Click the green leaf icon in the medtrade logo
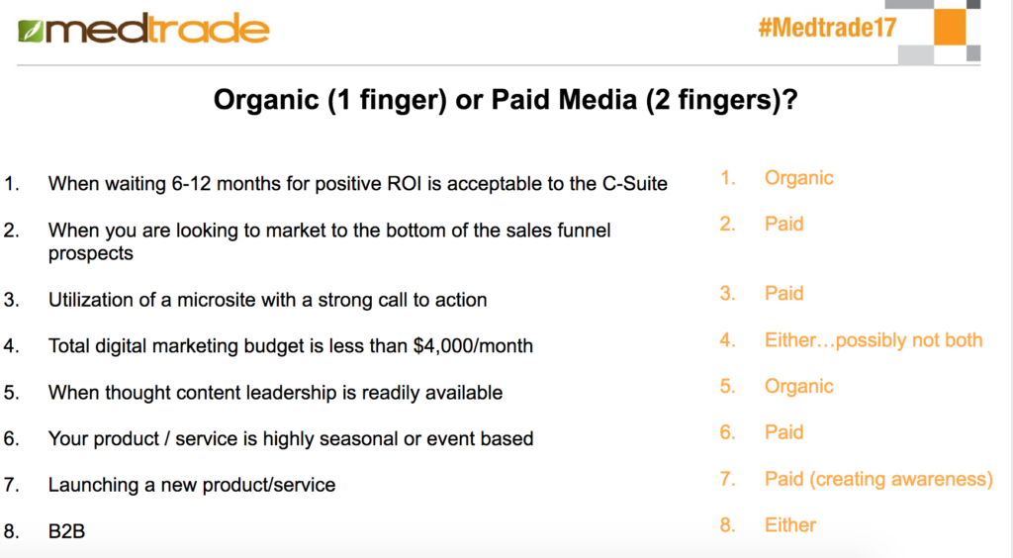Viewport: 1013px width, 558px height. tap(31, 31)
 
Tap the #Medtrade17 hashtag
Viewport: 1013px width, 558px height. tap(828, 28)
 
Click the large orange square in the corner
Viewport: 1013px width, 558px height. tap(950, 27)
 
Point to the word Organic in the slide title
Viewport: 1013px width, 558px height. tap(266, 100)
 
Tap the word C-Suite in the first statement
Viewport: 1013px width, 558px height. tap(634, 183)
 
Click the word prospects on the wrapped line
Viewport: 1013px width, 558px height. tap(90, 254)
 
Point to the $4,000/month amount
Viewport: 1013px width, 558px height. tap(473, 346)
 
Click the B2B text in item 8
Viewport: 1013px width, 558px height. tap(66, 531)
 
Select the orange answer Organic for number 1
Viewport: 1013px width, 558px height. tap(798, 178)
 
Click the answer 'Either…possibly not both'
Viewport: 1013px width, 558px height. tap(874, 340)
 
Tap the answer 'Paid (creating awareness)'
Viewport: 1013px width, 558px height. tap(878, 479)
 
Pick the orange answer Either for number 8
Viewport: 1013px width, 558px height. tap(790, 525)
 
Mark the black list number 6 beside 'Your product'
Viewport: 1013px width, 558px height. tap(10, 439)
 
